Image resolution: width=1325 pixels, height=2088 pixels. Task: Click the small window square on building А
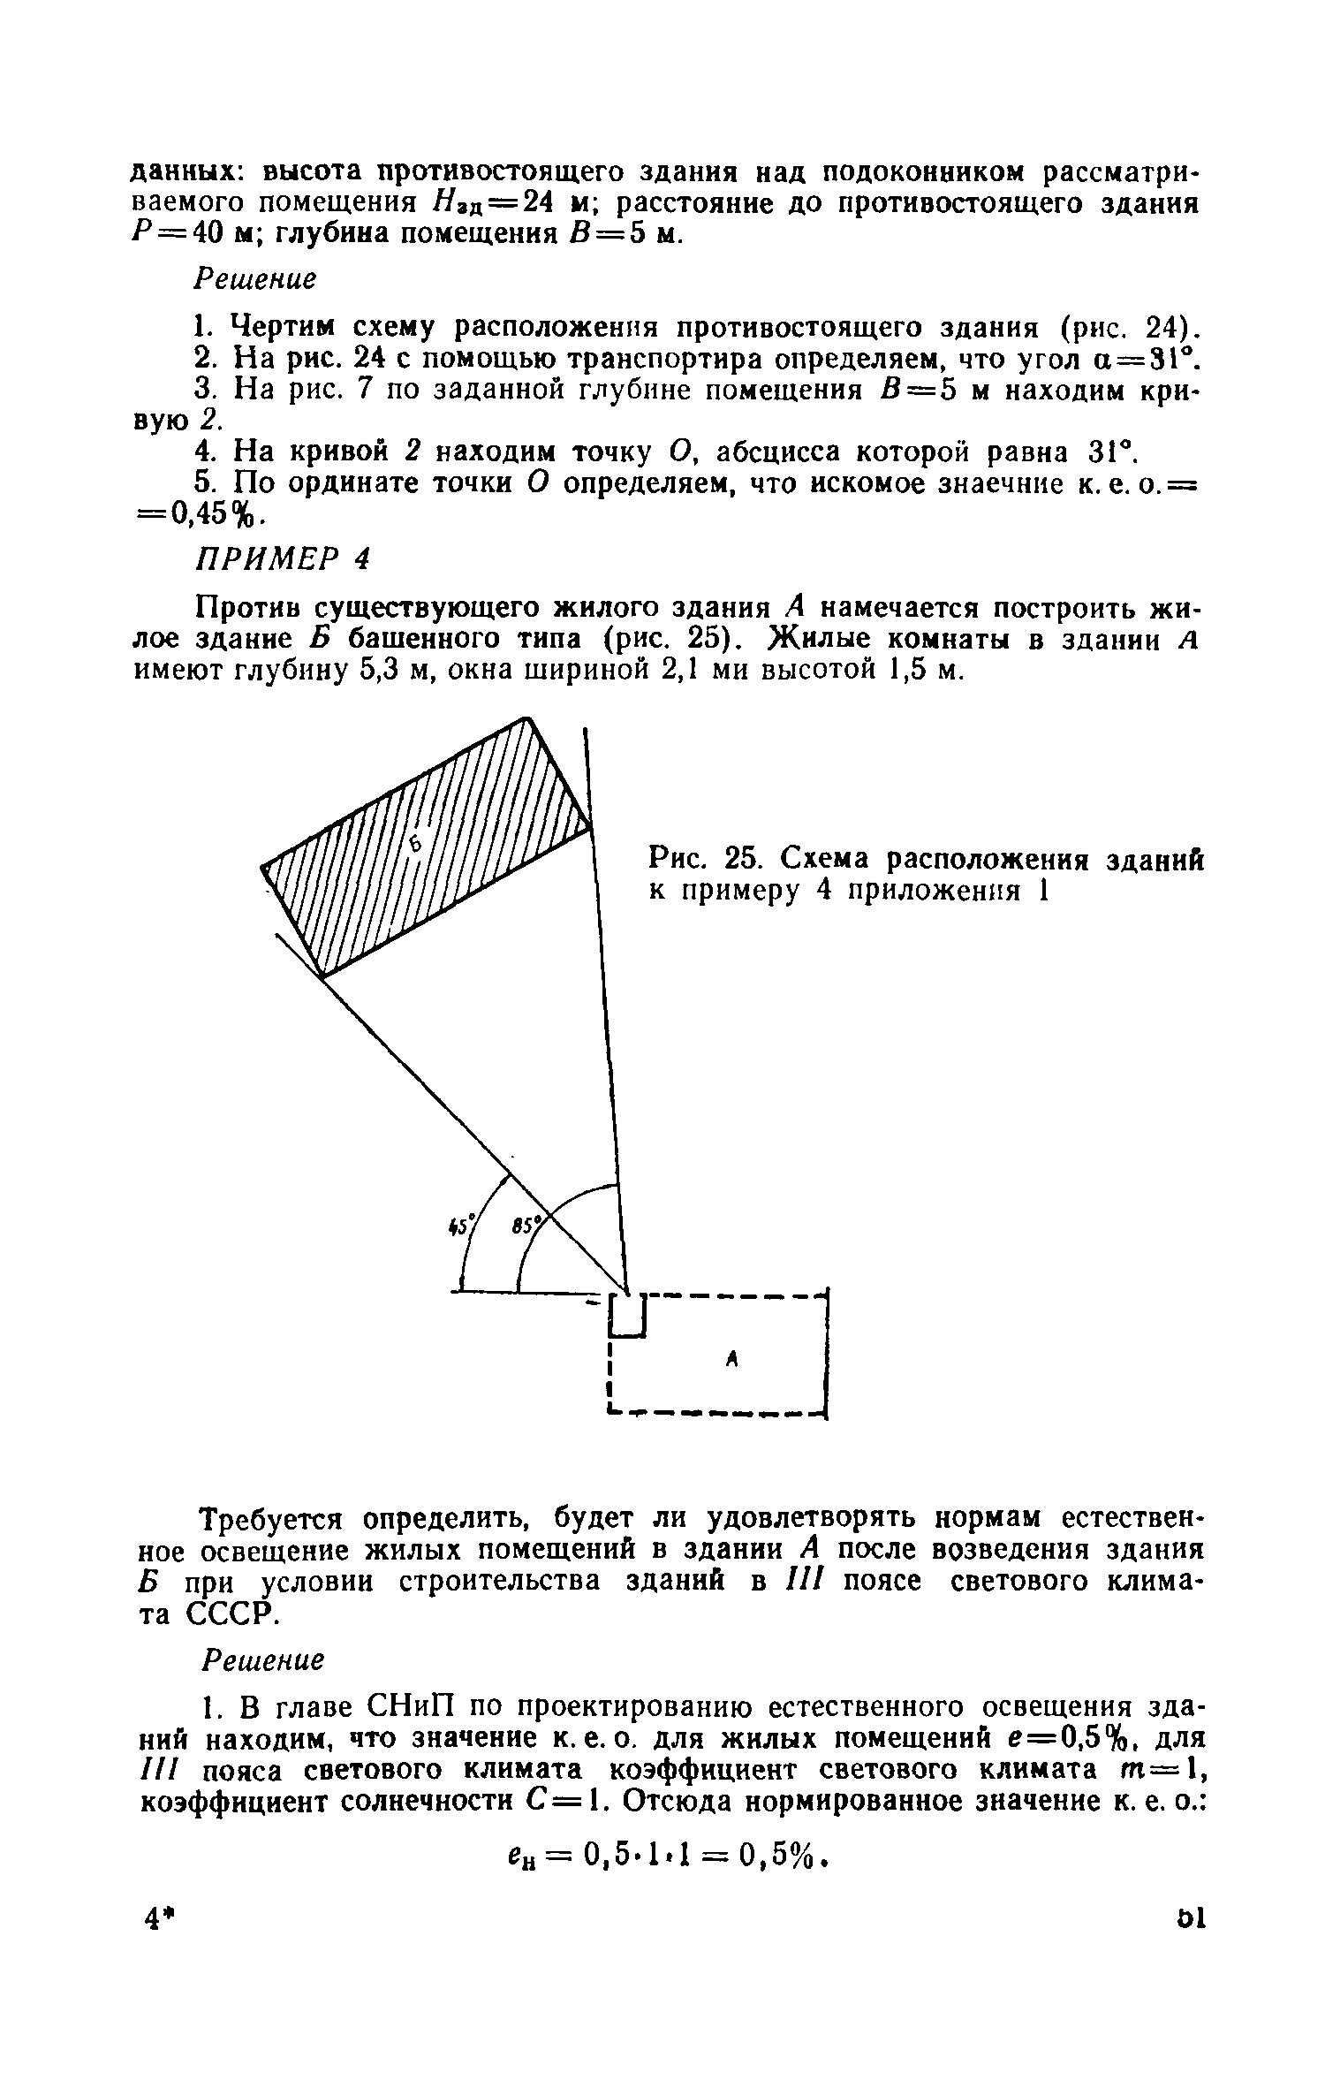point(628,1315)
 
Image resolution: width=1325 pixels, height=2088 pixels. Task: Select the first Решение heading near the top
point(254,280)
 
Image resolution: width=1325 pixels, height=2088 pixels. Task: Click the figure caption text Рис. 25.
point(700,858)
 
